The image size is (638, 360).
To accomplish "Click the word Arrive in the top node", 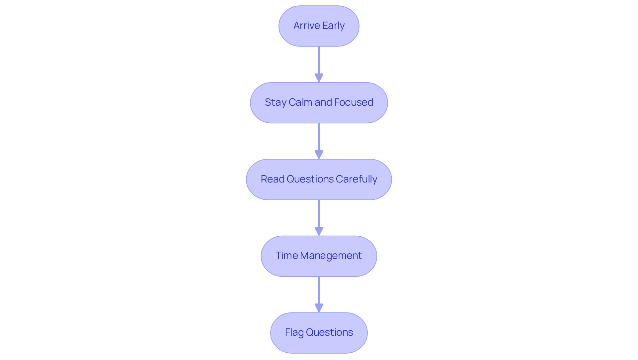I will (306, 26).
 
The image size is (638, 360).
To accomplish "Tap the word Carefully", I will (357, 180).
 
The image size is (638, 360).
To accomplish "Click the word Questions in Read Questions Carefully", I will (310, 179).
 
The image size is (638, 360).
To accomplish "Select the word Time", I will (286, 256).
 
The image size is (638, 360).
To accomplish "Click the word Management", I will (331, 256).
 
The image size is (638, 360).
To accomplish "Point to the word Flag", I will (294, 333).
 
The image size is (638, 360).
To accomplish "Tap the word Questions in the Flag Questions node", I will (329, 332).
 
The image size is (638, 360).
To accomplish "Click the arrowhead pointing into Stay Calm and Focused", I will (319, 78).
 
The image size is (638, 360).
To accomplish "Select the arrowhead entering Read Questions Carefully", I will (319, 155).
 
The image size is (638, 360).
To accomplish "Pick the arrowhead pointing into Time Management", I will (319, 232).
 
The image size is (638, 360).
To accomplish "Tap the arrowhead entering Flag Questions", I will (319, 308).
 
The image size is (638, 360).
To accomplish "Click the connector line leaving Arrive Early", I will (319, 60).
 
